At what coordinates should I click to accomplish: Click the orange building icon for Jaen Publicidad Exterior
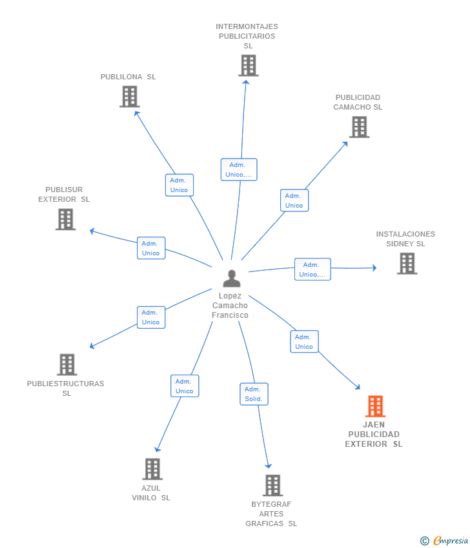375,406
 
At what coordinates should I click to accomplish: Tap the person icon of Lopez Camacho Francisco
231,279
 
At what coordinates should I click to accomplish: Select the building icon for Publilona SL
130,97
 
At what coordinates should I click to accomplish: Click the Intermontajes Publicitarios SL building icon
248,65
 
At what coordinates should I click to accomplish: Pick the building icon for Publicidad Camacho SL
359,127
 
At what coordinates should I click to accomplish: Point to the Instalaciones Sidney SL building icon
407,263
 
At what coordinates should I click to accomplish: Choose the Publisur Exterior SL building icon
65,219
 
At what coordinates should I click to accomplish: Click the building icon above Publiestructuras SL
66,365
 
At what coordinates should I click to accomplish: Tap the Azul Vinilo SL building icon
152,469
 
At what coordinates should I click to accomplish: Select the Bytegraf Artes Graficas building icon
272,485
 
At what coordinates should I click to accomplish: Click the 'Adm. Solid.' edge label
254,394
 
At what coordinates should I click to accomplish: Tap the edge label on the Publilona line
179,185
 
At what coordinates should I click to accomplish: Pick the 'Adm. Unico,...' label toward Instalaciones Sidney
312,269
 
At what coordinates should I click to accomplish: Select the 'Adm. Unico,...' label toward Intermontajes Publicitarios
239,170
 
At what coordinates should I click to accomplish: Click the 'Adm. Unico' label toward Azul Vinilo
185,386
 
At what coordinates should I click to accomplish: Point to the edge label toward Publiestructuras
151,317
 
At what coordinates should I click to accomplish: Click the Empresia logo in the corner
449,541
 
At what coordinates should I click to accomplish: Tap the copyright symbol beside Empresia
425,541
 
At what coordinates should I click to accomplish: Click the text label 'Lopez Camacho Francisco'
230,306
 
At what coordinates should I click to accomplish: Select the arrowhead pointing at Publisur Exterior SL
92,230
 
